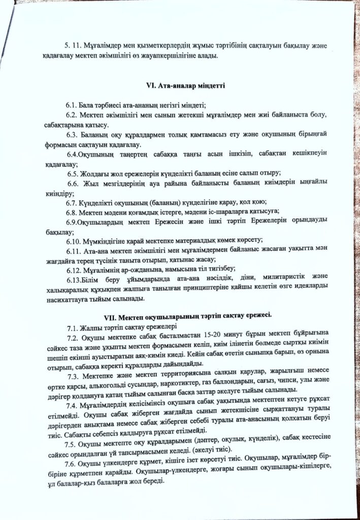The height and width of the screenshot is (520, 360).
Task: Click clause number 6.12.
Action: coord(74,269)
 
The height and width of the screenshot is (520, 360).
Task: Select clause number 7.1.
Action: coord(73,327)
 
